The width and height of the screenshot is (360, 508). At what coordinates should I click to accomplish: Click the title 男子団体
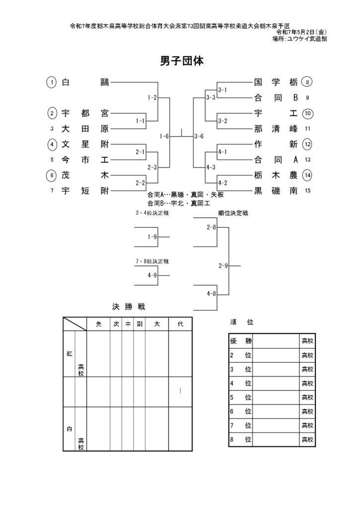pos(182,61)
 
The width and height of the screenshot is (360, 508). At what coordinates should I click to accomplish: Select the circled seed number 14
pos(307,175)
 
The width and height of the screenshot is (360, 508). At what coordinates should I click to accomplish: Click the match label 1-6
pos(164,136)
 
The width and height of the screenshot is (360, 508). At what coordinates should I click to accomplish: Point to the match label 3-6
pos(199,136)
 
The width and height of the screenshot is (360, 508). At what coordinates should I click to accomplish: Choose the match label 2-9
pos(223,266)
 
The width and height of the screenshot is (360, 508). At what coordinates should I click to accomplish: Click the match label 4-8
pos(212,294)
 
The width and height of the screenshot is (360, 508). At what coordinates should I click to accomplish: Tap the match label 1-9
pos(152,237)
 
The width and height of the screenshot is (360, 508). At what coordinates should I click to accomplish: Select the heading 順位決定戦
pos(233,213)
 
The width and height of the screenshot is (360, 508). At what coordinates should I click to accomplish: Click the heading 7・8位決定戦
pos(152,261)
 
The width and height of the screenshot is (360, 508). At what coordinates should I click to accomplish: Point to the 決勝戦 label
pos(129,307)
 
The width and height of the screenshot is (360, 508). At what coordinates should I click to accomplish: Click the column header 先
pos(99,324)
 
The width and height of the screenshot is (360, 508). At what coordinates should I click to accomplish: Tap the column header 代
pos(180,324)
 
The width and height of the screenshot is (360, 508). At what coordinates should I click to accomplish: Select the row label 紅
pos(70,354)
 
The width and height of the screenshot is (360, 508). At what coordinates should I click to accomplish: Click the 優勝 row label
pos(241,341)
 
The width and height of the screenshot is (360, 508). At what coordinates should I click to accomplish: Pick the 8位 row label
pos(241,440)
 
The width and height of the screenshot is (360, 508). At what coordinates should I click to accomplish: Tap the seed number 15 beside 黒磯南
pos(307,191)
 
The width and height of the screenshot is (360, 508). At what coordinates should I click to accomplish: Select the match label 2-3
pos(152,168)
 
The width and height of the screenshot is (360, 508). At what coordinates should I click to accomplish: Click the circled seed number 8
pos(307,82)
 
